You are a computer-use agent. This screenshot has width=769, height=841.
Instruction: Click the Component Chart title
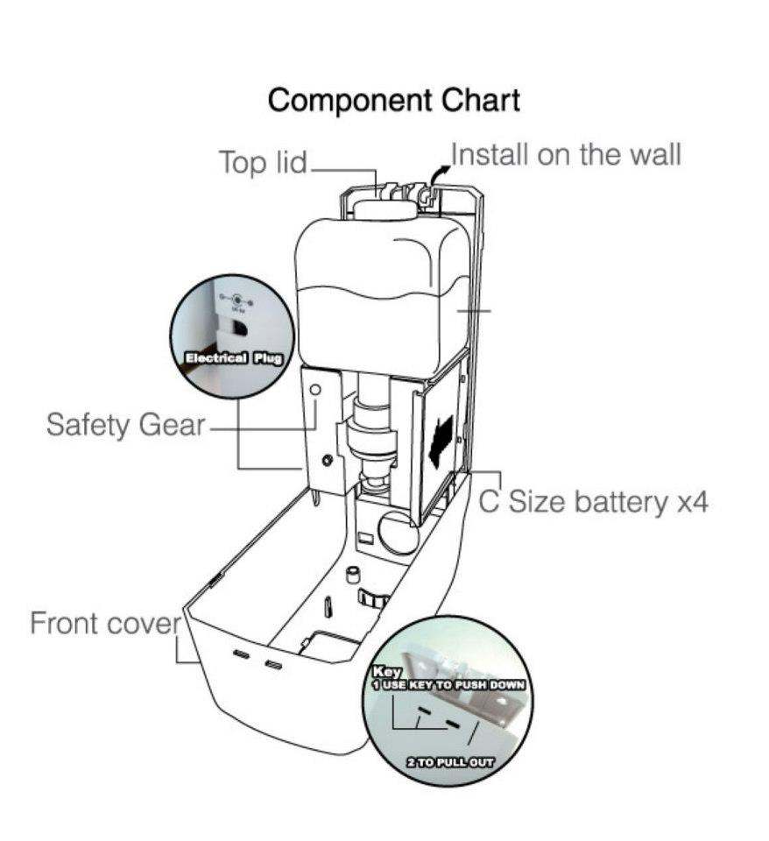click(x=393, y=100)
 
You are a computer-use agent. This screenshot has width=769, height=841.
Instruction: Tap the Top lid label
click(x=262, y=162)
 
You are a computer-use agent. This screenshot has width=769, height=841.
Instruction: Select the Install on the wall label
click(x=566, y=156)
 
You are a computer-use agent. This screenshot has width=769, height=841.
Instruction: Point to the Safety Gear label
click(x=125, y=426)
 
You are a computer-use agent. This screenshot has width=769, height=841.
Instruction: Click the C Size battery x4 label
click(x=592, y=502)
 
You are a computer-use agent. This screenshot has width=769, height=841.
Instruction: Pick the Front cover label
click(x=104, y=624)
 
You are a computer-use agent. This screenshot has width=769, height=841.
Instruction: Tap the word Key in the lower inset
click(x=386, y=672)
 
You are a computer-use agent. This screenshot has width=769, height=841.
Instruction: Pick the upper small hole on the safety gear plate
click(x=315, y=388)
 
